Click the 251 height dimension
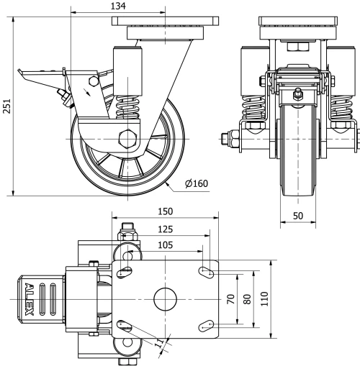point(6,106)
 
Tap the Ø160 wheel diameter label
point(196,184)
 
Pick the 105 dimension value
point(165,245)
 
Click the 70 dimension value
point(231,298)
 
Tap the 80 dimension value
point(248,298)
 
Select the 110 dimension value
point(264,298)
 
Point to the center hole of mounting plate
point(165,298)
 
